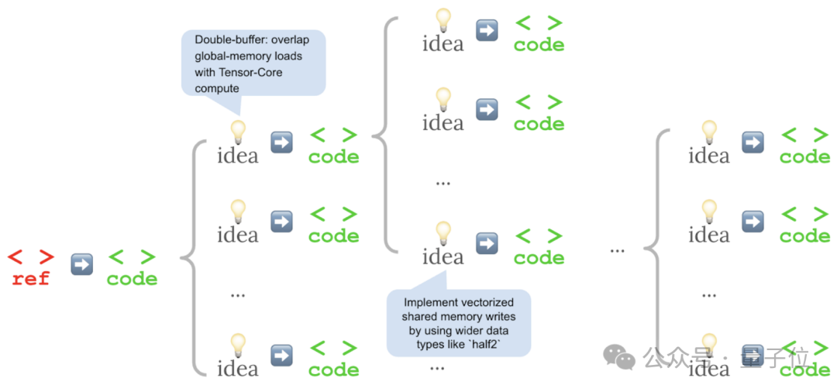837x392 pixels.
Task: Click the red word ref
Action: pyautogui.click(x=31, y=279)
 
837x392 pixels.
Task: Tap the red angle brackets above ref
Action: pyautogui.click(x=31, y=257)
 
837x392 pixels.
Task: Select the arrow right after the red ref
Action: pyautogui.click(x=81, y=264)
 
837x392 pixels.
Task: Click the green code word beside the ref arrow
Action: pyautogui.click(x=132, y=279)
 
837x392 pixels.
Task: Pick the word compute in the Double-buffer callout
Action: pyautogui.click(x=217, y=88)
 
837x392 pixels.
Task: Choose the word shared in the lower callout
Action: pyautogui.click(x=418, y=316)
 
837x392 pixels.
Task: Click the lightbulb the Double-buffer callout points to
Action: pyautogui.click(x=237, y=130)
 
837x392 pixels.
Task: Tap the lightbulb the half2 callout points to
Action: pyautogui.click(x=443, y=230)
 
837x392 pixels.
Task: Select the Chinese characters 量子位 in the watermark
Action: pyautogui.click(x=778, y=358)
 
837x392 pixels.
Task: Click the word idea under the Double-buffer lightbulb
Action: pyautogui.click(x=237, y=156)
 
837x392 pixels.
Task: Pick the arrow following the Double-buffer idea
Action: pyautogui.click(x=281, y=143)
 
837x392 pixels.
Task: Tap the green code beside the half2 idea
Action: pyautogui.click(x=539, y=257)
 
